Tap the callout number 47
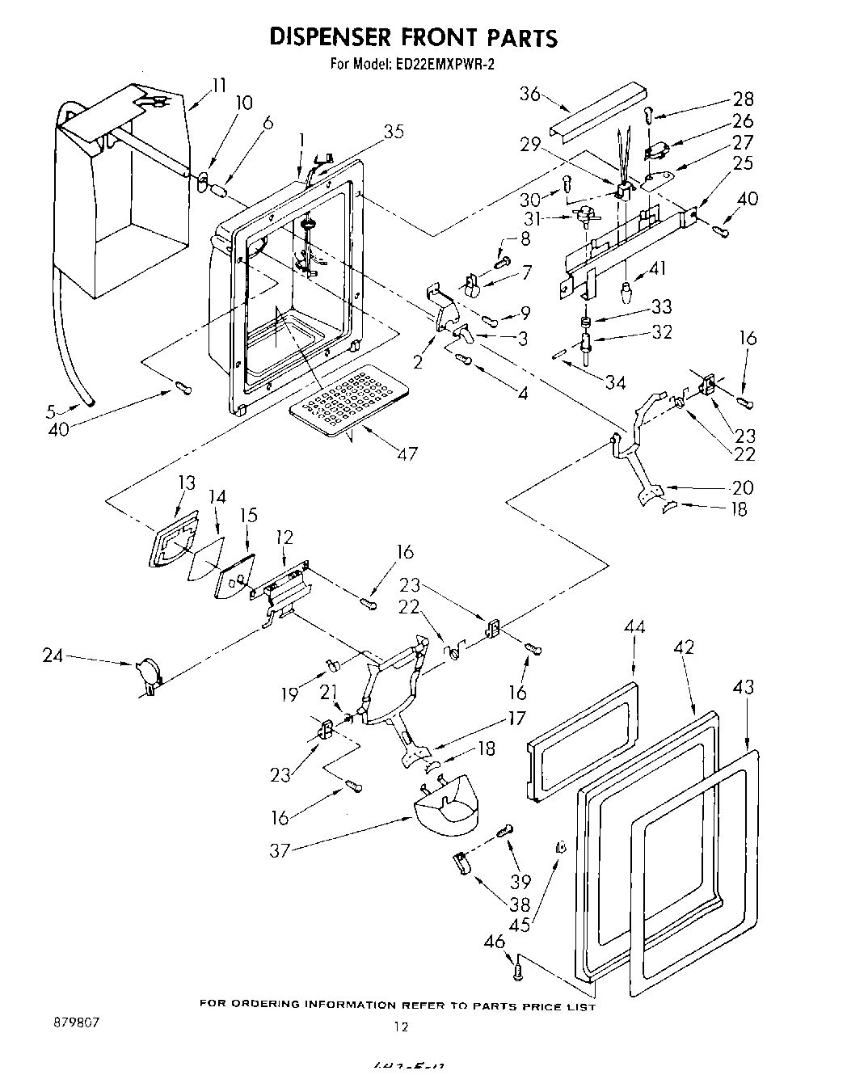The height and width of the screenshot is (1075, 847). pyautogui.click(x=407, y=453)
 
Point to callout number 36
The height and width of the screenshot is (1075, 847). pyautogui.click(x=529, y=94)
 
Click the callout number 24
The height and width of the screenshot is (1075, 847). pyautogui.click(x=53, y=656)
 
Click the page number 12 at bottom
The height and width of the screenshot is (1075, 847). pyautogui.click(x=401, y=1027)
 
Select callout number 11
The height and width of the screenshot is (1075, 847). pyautogui.click(x=218, y=84)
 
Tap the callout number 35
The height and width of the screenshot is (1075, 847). pyautogui.click(x=394, y=131)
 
